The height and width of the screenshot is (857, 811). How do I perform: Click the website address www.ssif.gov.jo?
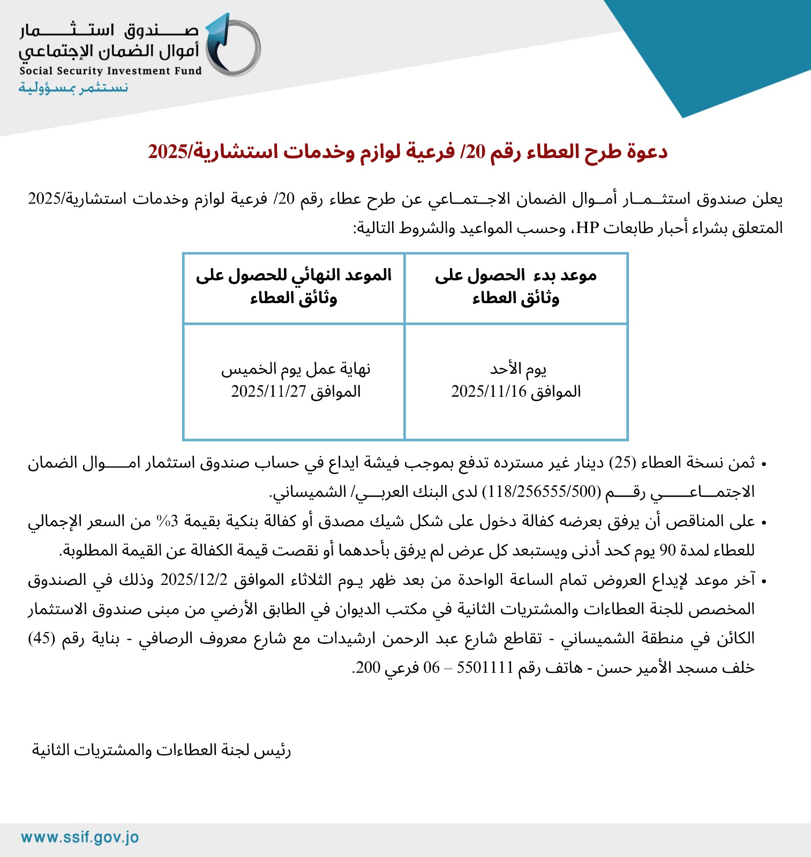tap(80, 838)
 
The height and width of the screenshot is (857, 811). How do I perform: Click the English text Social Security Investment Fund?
tap(110, 71)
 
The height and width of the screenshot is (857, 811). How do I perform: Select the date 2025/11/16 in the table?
tap(489, 392)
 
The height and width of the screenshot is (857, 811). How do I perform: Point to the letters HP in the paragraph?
tap(587, 228)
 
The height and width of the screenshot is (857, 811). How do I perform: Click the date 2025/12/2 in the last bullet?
tap(194, 580)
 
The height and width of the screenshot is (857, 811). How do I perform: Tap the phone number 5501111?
tap(485, 668)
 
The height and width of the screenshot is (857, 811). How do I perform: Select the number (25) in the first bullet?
tap(622, 463)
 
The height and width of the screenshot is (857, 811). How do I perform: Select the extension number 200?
tap(368, 668)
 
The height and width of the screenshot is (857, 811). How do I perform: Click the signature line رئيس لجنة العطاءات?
tap(161, 750)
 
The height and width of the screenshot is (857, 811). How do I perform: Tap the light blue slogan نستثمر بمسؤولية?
tap(73, 87)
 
